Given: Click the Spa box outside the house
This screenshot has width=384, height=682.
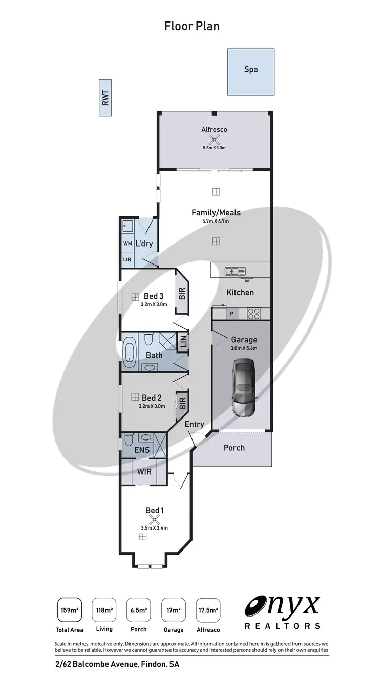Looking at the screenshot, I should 251,72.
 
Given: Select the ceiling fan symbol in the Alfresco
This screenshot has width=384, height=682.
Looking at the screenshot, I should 214,139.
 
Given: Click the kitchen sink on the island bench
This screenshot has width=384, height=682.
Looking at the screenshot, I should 236,271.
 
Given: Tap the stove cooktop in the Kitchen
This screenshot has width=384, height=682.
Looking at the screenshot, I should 254,313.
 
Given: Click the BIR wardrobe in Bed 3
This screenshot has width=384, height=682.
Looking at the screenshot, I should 181,293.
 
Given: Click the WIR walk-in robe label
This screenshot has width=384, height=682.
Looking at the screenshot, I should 144,471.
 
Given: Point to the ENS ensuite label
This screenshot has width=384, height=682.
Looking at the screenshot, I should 142,450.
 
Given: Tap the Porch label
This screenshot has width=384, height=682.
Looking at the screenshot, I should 234,448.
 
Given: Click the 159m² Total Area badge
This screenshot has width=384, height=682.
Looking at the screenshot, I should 69,610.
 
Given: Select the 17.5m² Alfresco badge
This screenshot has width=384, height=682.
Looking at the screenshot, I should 208,610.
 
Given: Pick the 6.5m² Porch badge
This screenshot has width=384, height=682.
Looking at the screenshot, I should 138,610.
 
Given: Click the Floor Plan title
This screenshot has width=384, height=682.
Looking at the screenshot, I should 192,26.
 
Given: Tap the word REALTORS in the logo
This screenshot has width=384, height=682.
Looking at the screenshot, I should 283,626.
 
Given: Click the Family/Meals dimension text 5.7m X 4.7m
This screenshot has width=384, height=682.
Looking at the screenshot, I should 216,222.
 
